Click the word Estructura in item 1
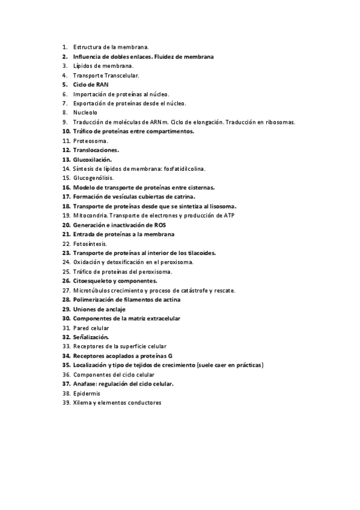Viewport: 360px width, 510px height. click(x=88, y=46)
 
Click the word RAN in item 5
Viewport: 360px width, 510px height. click(x=102, y=84)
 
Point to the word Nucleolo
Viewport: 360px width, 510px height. click(x=85, y=112)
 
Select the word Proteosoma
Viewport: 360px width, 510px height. click(x=90, y=140)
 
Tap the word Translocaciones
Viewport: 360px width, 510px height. click(x=96, y=150)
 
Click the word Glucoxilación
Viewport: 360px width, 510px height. click(x=93, y=159)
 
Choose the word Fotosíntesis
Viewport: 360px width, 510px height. click(x=90, y=244)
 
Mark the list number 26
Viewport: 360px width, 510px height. click(x=66, y=281)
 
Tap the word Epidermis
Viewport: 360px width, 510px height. click(x=88, y=393)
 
